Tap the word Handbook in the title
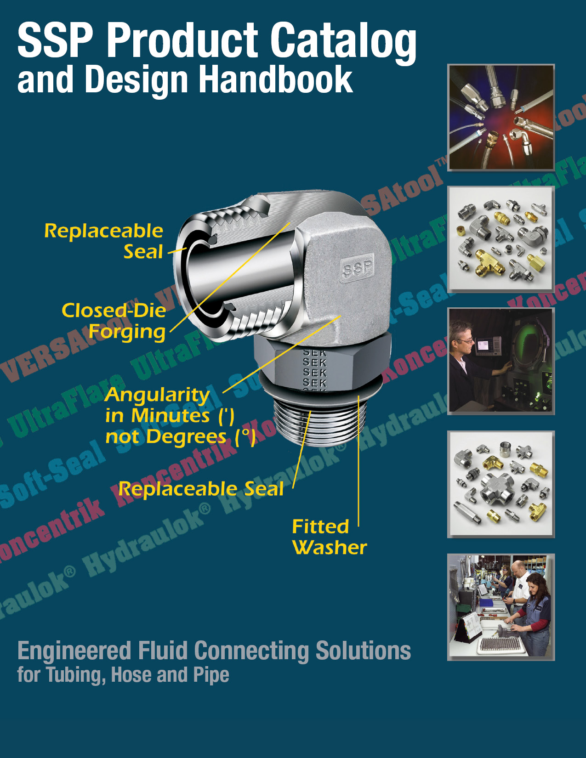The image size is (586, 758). [275, 80]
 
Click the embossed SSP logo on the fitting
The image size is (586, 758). [357, 268]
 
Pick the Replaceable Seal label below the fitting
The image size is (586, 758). [201, 489]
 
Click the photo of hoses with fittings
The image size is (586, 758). [501, 118]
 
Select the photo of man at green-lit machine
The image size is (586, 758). [501, 361]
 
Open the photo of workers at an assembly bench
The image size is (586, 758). [501, 607]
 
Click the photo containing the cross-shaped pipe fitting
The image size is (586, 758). [501, 484]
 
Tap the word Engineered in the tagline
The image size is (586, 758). [74, 651]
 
